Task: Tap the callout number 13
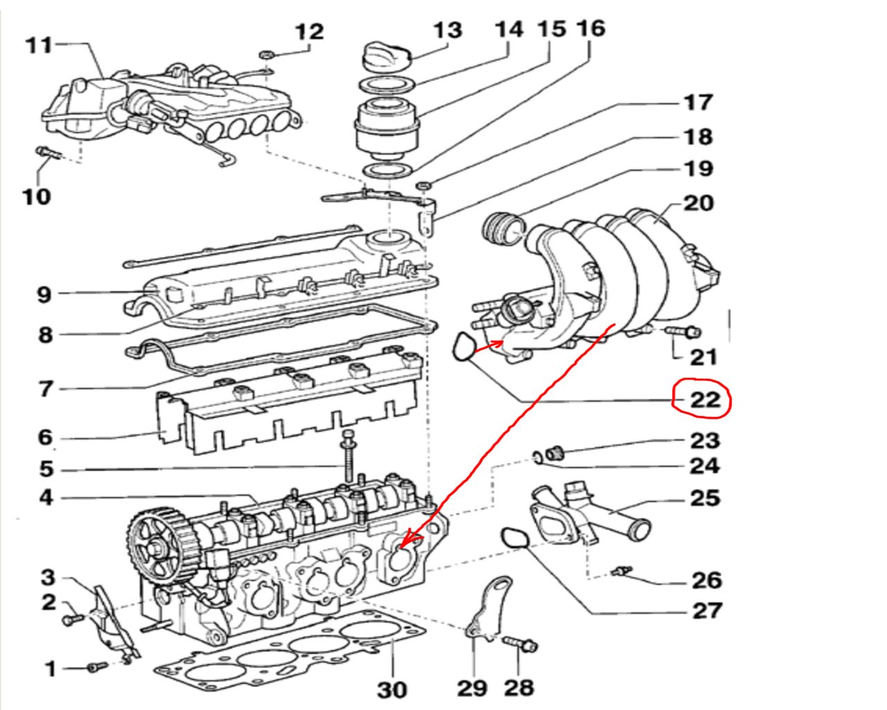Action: (448, 30)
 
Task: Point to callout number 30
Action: (392, 689)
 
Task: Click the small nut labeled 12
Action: (267, 54)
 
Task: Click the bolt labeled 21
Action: (682, 331)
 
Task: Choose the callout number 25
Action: (705, 498)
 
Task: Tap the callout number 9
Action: (44, 295)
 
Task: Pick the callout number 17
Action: (697, 103)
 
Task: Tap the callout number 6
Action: (45, 437)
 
